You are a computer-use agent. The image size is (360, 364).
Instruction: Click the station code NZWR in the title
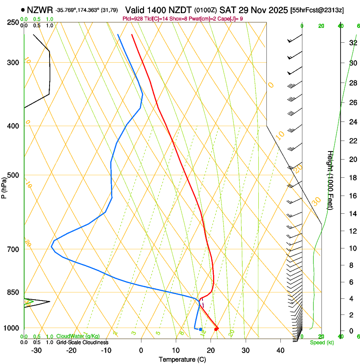pos(40,9)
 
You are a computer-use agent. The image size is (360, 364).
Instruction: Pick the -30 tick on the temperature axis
pos(36,350)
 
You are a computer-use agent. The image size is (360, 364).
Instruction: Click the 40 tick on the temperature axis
pos(280,350)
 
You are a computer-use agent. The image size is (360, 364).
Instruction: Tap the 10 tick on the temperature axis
pos(176,350)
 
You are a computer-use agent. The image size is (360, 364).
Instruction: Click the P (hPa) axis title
pos(4,186)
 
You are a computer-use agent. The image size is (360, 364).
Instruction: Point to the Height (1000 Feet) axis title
pos(330,180)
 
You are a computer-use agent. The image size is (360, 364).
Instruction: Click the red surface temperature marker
pos(216,329)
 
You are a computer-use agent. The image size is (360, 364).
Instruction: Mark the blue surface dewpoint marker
pos(200,329)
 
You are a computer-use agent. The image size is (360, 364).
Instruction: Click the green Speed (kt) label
pos(322,342)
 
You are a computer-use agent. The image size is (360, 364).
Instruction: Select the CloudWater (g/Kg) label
pos(78,336)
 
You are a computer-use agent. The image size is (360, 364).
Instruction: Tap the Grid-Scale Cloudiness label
pos(82,342)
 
